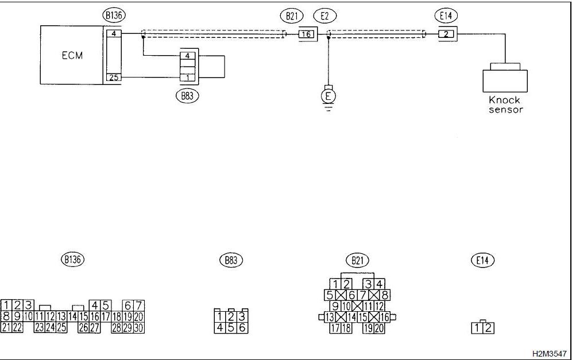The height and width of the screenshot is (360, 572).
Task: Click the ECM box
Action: click(71, 55)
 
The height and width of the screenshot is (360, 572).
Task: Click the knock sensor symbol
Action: click(505, 78)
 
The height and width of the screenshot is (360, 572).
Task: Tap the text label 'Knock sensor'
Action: click(505, 104)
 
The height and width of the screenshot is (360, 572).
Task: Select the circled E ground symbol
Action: click(328, 96)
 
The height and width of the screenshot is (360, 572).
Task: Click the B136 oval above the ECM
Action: click(114, 16)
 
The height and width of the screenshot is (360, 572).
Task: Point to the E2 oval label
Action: click(324, 16)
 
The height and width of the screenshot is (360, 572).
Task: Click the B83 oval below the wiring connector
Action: click(187, 96)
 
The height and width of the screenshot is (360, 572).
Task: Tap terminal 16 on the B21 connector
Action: click(307, 34)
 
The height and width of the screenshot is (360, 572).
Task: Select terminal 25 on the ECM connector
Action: click(114, 78)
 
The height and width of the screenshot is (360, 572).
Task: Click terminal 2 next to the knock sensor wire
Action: click(446, 34)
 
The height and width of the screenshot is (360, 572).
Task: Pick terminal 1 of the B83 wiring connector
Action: click(188, 78)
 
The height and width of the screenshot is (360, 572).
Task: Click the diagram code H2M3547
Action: click(550, 354)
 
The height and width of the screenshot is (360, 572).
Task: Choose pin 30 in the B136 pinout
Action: click(138, 327)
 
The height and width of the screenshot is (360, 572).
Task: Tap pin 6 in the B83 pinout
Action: click(242, 327)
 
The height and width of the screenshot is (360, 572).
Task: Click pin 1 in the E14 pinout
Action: click(477, 328)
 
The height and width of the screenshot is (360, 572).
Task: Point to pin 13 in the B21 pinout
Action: click(330, 317)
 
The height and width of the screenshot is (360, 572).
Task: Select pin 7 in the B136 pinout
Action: click(138, 305)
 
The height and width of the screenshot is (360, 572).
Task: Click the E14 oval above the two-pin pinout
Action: click(482, 261)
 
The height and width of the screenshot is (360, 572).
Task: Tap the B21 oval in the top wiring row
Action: click(292, 16)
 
